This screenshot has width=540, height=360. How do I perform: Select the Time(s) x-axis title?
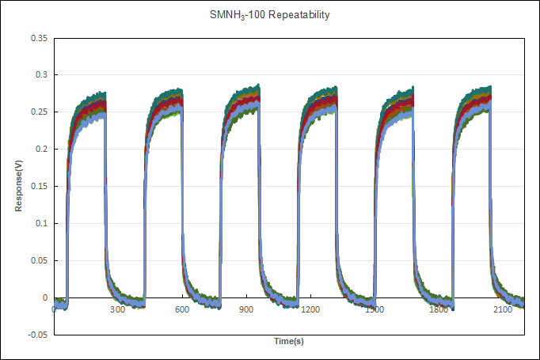pos(289,341)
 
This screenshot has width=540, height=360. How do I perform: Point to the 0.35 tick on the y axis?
pos(37,38)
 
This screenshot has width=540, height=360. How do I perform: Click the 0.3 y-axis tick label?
pos(40,75)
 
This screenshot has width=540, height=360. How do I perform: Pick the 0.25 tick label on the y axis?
pos(37,112)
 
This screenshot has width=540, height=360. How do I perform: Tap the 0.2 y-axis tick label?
pos(40,150)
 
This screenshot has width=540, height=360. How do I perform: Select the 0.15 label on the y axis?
pos(37,187)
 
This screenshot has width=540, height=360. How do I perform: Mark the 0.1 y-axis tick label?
pos(40,224)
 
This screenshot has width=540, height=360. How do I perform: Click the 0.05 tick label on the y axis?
pos(37,261)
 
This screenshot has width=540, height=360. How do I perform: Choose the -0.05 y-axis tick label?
pos(36,335)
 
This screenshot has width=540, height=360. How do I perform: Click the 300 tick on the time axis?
pos(117,310)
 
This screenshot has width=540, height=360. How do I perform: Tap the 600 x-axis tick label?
pos(182,310)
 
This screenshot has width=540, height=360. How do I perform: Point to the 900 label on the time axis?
pos(247,310)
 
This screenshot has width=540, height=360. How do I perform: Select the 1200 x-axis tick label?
pos(311,310)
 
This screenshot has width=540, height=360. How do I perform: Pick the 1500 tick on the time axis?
pos(375,310)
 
